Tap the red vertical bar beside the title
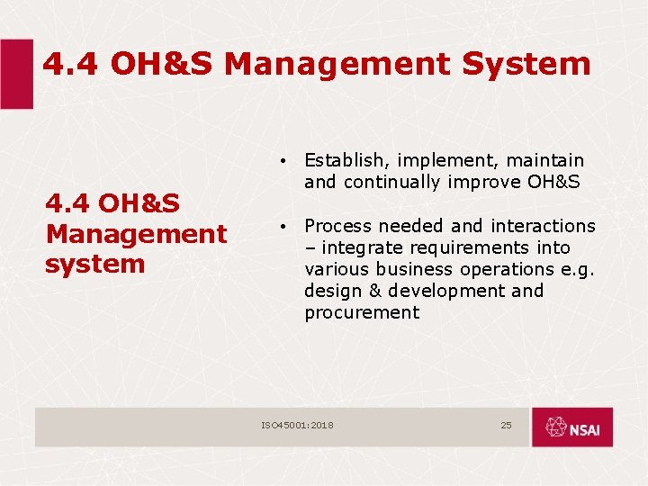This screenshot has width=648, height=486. click(x=16, y=74)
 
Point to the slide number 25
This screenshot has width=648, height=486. click(x=506, y=425)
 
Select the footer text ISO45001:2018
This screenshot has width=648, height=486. click(x=297, y=425)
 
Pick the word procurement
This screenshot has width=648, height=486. click(x=362, y=312)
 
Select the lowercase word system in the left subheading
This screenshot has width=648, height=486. click(x=95, y=264)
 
